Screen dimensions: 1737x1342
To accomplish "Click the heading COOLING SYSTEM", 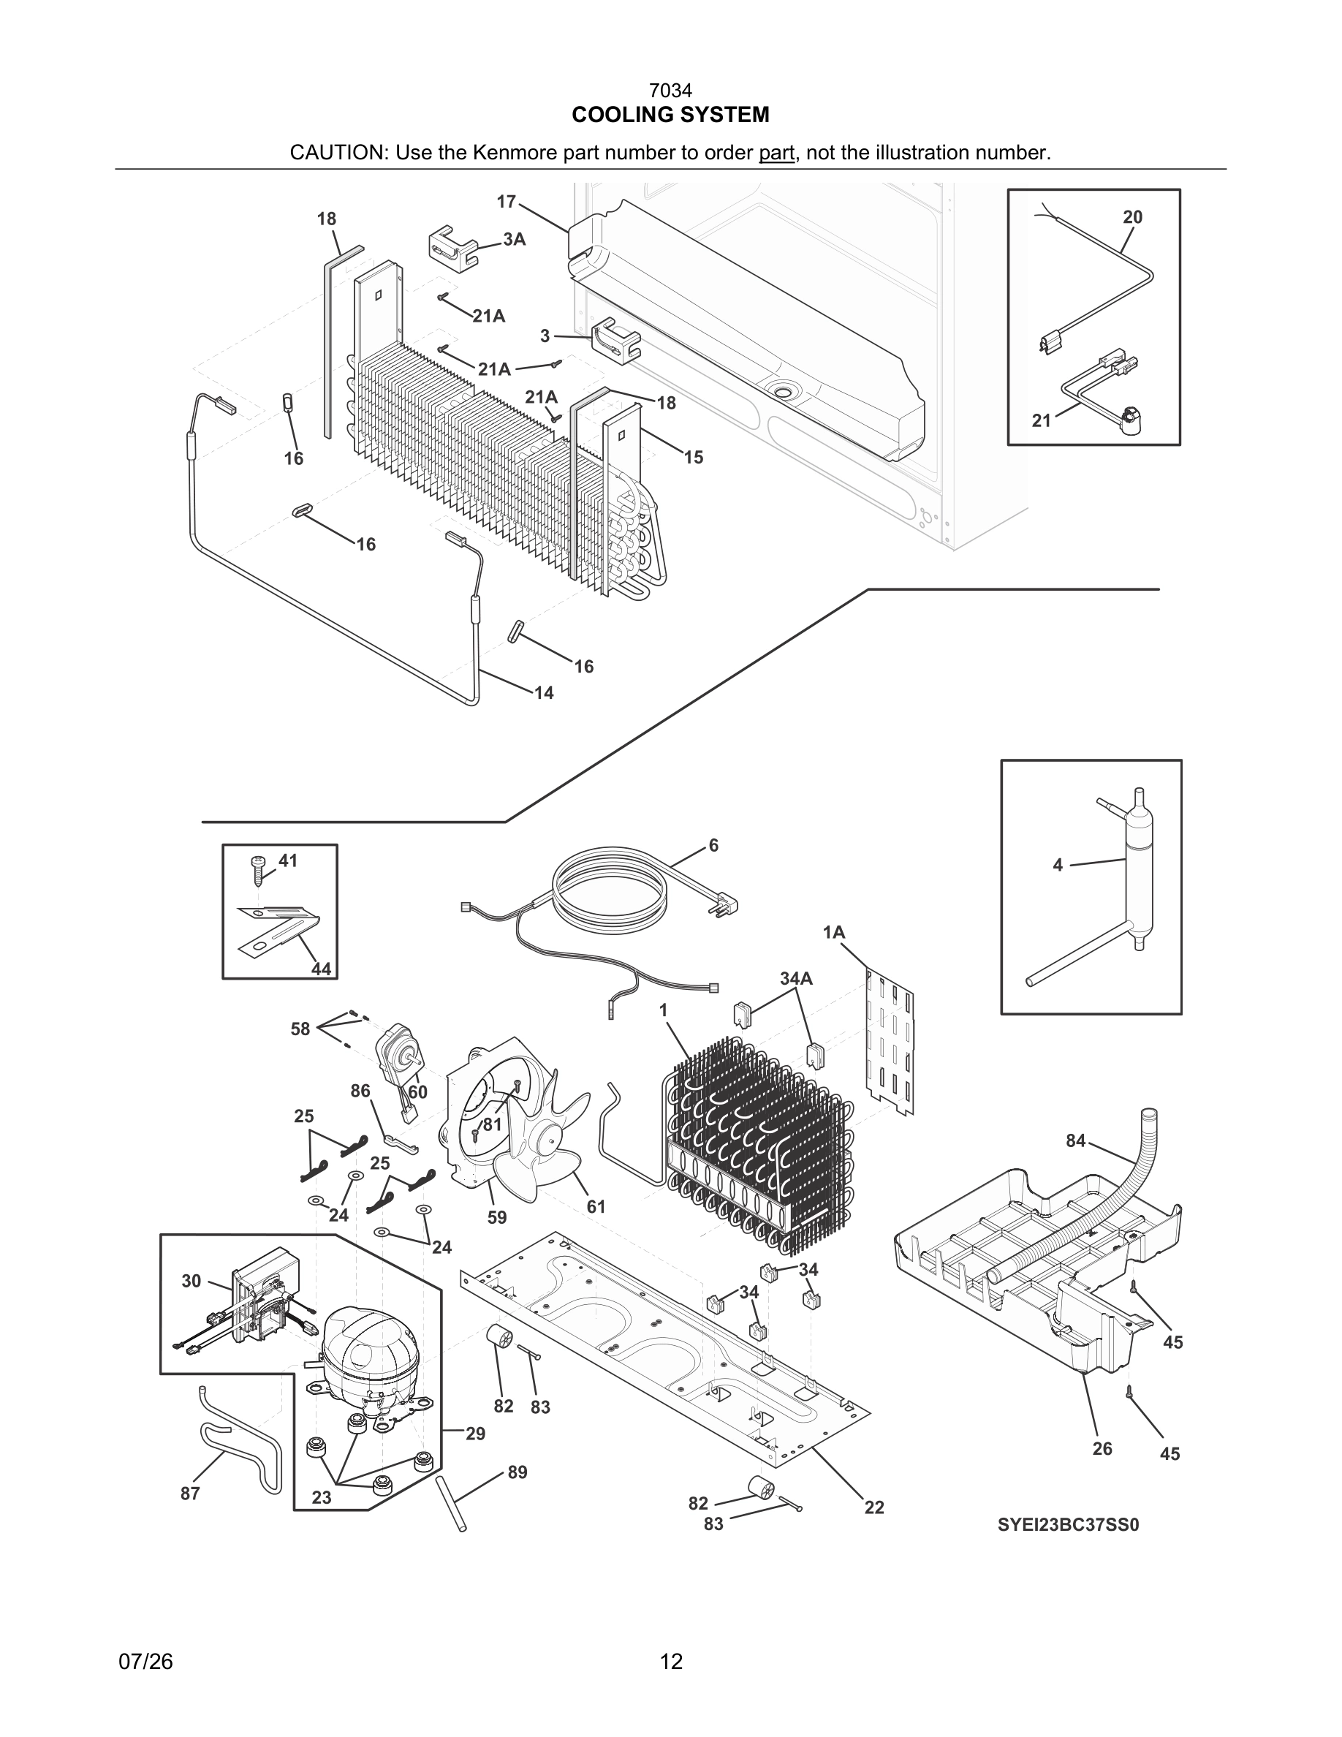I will point(670,116).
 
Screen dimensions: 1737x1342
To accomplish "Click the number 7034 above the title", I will point(670,91).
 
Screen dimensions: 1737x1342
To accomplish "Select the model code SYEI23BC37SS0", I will point(1069,1525).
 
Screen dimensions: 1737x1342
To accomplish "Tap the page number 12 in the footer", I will point(671,1662).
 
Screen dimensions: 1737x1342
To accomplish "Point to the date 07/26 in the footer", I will point(145,1662).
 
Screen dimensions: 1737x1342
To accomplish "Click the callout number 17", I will point(507,202).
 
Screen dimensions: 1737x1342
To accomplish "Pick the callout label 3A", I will point(515,239).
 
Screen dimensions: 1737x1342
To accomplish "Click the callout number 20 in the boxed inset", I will point(1132,217).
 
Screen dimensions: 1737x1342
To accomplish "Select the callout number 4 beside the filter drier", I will point(1058,866).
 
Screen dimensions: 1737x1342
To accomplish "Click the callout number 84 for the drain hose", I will point(1075,1141).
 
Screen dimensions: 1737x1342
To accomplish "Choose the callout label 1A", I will point(833,933).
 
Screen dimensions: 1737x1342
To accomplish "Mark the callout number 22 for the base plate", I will point(873,1507).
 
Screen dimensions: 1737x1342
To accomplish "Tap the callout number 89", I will point(517,1473).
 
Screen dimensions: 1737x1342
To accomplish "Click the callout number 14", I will point(544,693).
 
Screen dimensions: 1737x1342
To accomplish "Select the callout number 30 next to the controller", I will point(191,1282).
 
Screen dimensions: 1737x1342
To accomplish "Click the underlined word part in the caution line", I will point(776,153).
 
